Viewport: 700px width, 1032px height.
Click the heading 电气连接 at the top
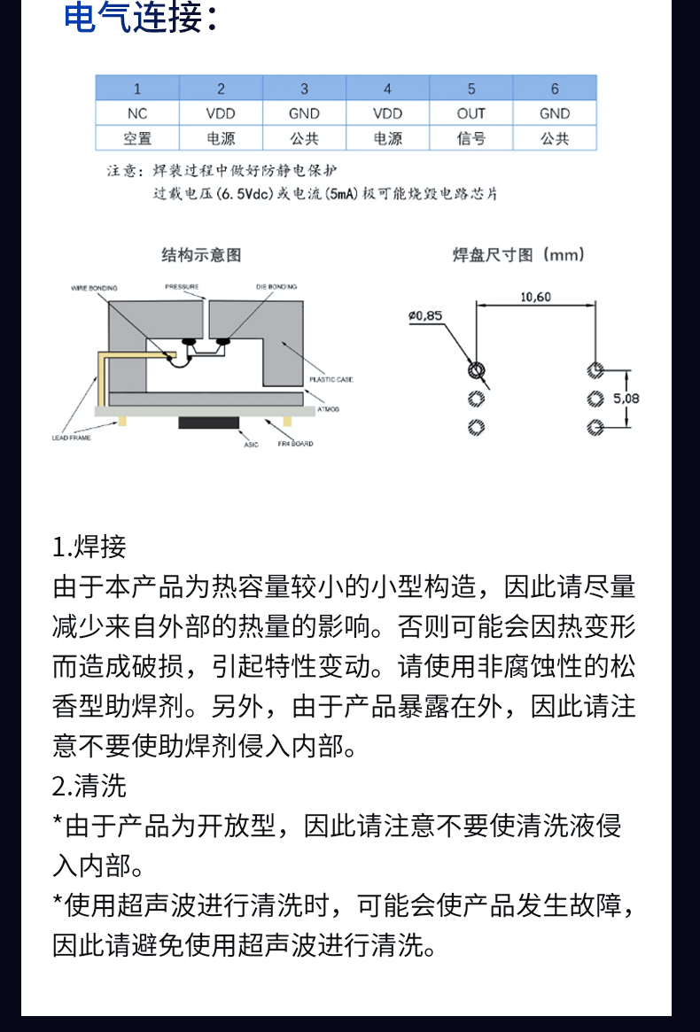[x=139, y=19]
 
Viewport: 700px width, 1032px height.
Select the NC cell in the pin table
[x=137, y=113]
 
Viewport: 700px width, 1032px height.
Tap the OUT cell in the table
[x=471, y=113]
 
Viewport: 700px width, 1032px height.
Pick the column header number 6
[x=555, y=89]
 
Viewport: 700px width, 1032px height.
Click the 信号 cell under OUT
[x=471, y=138]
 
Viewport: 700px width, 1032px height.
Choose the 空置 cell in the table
[x=137, y=138]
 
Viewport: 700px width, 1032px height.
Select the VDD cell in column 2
[x=221, y=113]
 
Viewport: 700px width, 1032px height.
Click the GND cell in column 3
[x=304, y=113]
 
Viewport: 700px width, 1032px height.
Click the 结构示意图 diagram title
[x=201, y=255]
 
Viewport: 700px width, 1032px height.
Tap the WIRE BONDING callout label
[x=94, y=288]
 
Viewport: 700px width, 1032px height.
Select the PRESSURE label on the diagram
[x=182, y=287]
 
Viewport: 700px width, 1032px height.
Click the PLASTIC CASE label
[x=331, y=379]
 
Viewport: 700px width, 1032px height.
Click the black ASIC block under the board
[x=207, y=422]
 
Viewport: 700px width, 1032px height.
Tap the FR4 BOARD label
[x=295, y=443]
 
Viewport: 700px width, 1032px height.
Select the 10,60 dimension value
[x=535, y=297]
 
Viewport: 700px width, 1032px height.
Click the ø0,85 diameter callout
[x=425, y=315]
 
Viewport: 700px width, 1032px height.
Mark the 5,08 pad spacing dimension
[x=626, y=398]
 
